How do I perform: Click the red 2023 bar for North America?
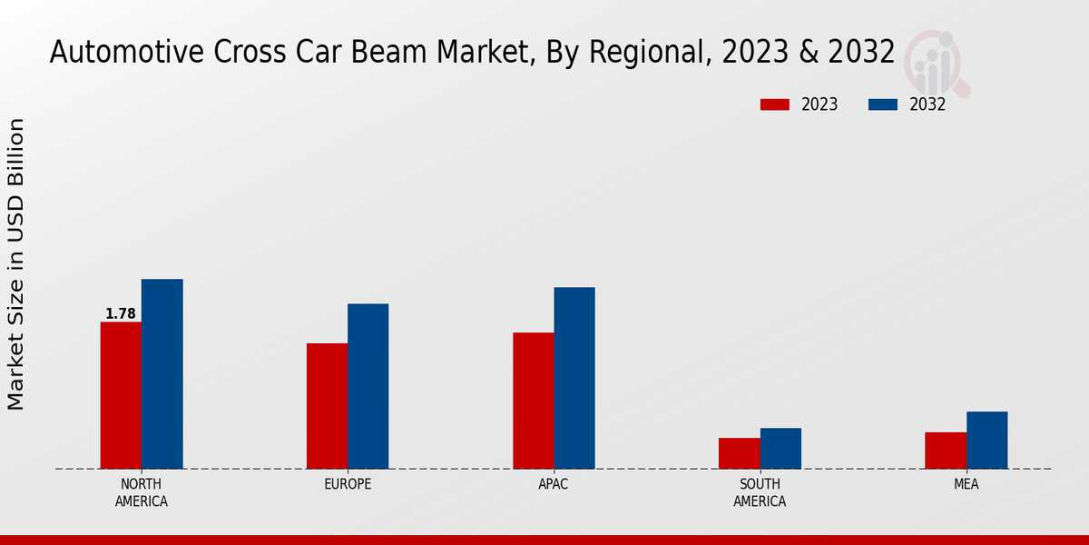121,395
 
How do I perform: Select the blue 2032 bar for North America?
162,373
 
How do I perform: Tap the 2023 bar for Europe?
327,406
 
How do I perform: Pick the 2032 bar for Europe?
368,386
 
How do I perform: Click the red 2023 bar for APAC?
533,401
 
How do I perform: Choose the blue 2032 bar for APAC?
574,378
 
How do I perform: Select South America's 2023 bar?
739,453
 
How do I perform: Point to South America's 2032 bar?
780,448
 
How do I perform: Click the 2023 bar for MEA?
946,451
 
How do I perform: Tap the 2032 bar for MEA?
986,440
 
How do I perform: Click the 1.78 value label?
121,314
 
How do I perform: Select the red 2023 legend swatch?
775,104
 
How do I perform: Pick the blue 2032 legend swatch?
883,104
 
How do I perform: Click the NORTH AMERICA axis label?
142,492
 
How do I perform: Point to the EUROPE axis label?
348,484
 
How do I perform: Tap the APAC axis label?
554,484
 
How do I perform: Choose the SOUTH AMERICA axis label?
760,492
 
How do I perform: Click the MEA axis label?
966,484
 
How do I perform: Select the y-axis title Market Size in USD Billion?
16,263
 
